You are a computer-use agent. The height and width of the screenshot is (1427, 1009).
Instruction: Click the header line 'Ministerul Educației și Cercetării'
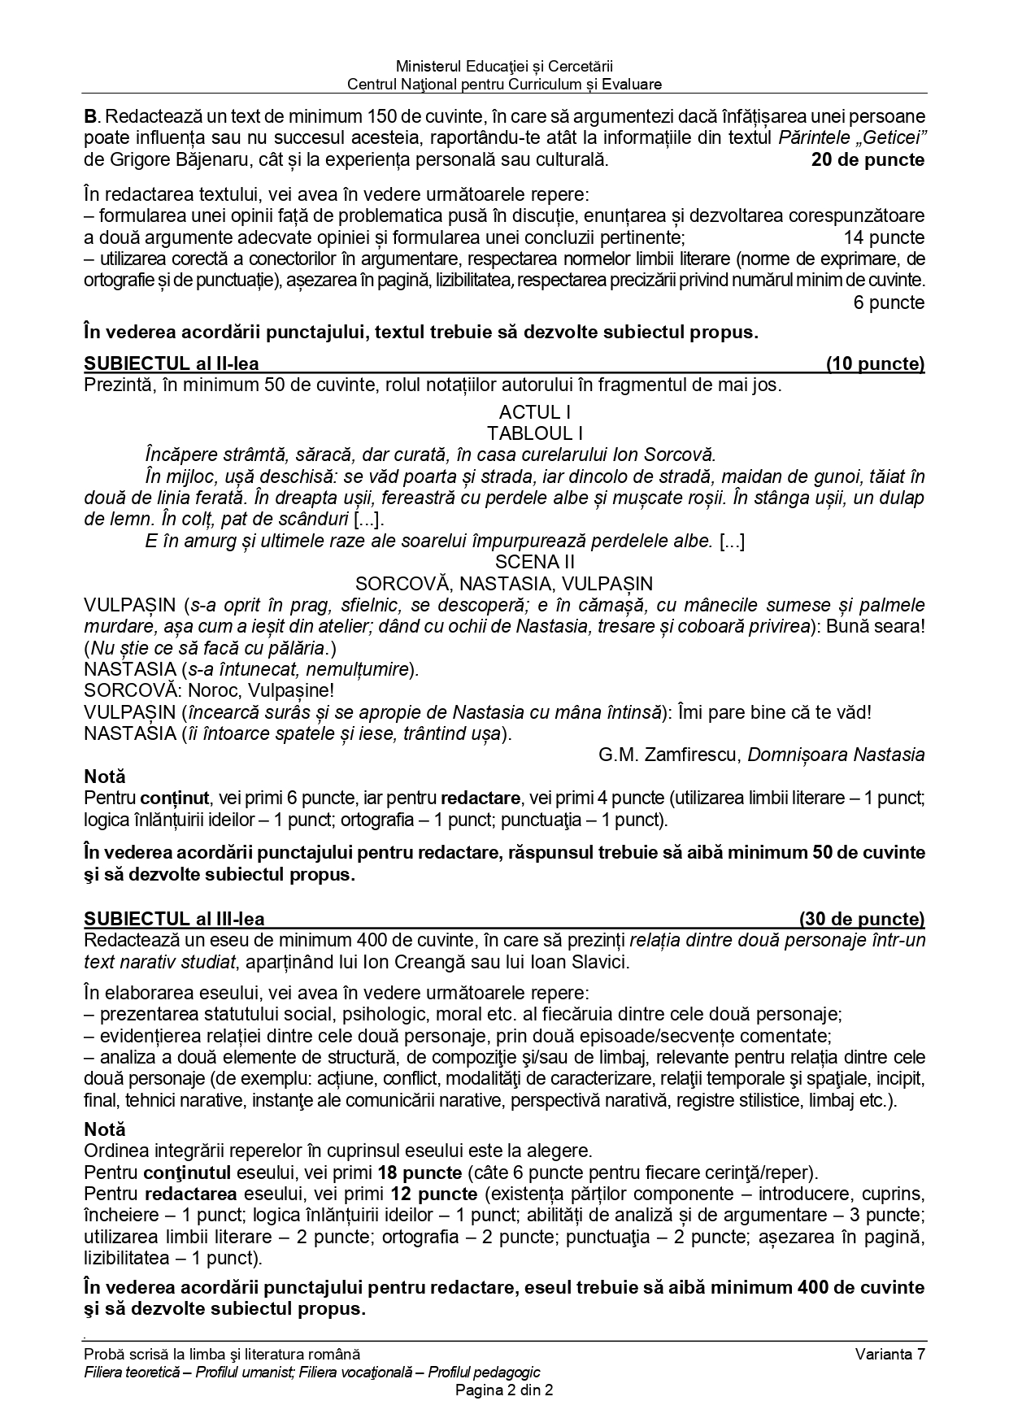504,67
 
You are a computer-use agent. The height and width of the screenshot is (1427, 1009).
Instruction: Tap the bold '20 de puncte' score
868,160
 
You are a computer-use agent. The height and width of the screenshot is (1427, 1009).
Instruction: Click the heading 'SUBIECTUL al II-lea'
172,364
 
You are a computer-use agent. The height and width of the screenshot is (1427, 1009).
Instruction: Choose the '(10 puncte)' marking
875,364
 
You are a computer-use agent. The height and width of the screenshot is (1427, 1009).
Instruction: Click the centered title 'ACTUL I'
534,412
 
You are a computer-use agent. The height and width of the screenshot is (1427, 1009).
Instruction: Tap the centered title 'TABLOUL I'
535,433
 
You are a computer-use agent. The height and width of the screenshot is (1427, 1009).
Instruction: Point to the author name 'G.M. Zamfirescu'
668,755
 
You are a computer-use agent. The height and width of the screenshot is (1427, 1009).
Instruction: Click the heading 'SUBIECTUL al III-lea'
174,920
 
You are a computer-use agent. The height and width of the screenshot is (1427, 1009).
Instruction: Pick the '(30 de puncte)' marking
862,920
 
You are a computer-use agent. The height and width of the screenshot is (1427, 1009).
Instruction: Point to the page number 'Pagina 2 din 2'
504,1390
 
